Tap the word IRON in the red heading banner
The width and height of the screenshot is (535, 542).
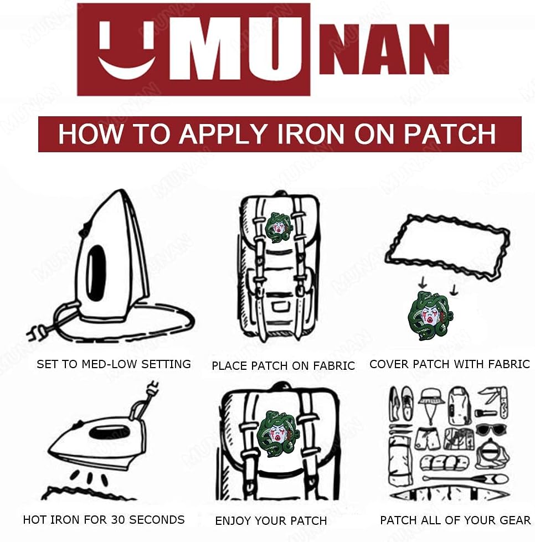[x=310, y=134]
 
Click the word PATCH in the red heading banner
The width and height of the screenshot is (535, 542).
[x=450, y=134]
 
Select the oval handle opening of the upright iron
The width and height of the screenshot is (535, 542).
[x=96, y=273]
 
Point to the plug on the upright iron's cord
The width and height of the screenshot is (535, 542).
[x=37, y=333]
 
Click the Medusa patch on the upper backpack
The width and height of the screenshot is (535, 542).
[x=279, y=228]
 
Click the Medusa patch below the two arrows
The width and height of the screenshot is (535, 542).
[x=430, y=316]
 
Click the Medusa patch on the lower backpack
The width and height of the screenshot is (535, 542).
[x=278, y=431]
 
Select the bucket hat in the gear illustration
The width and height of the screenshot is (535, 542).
[x=431, y=401]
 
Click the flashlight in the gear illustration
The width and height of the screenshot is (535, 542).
[x=486, y=412]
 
